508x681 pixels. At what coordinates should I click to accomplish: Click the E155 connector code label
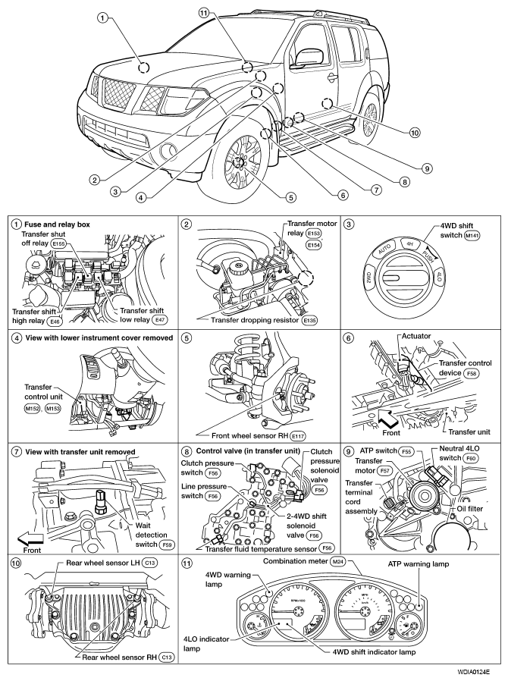pos(58,243)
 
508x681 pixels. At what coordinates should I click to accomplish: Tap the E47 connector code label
pos(159,320)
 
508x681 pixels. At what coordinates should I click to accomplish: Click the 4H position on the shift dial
pos(409,244)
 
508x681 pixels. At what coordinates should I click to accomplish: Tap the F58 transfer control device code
pos(471,373)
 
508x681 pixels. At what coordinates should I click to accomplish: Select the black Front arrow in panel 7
pos(30,539)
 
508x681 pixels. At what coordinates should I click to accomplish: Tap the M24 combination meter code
pos(338,562)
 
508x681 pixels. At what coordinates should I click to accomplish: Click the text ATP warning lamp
pos(418,563)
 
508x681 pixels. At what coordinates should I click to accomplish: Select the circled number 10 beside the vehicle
pos(415,133)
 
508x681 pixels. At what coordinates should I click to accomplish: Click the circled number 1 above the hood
pos(102,18)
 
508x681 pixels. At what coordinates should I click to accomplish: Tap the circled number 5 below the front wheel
pos(290,197)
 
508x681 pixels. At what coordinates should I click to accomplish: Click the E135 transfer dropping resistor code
pos(310,320)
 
